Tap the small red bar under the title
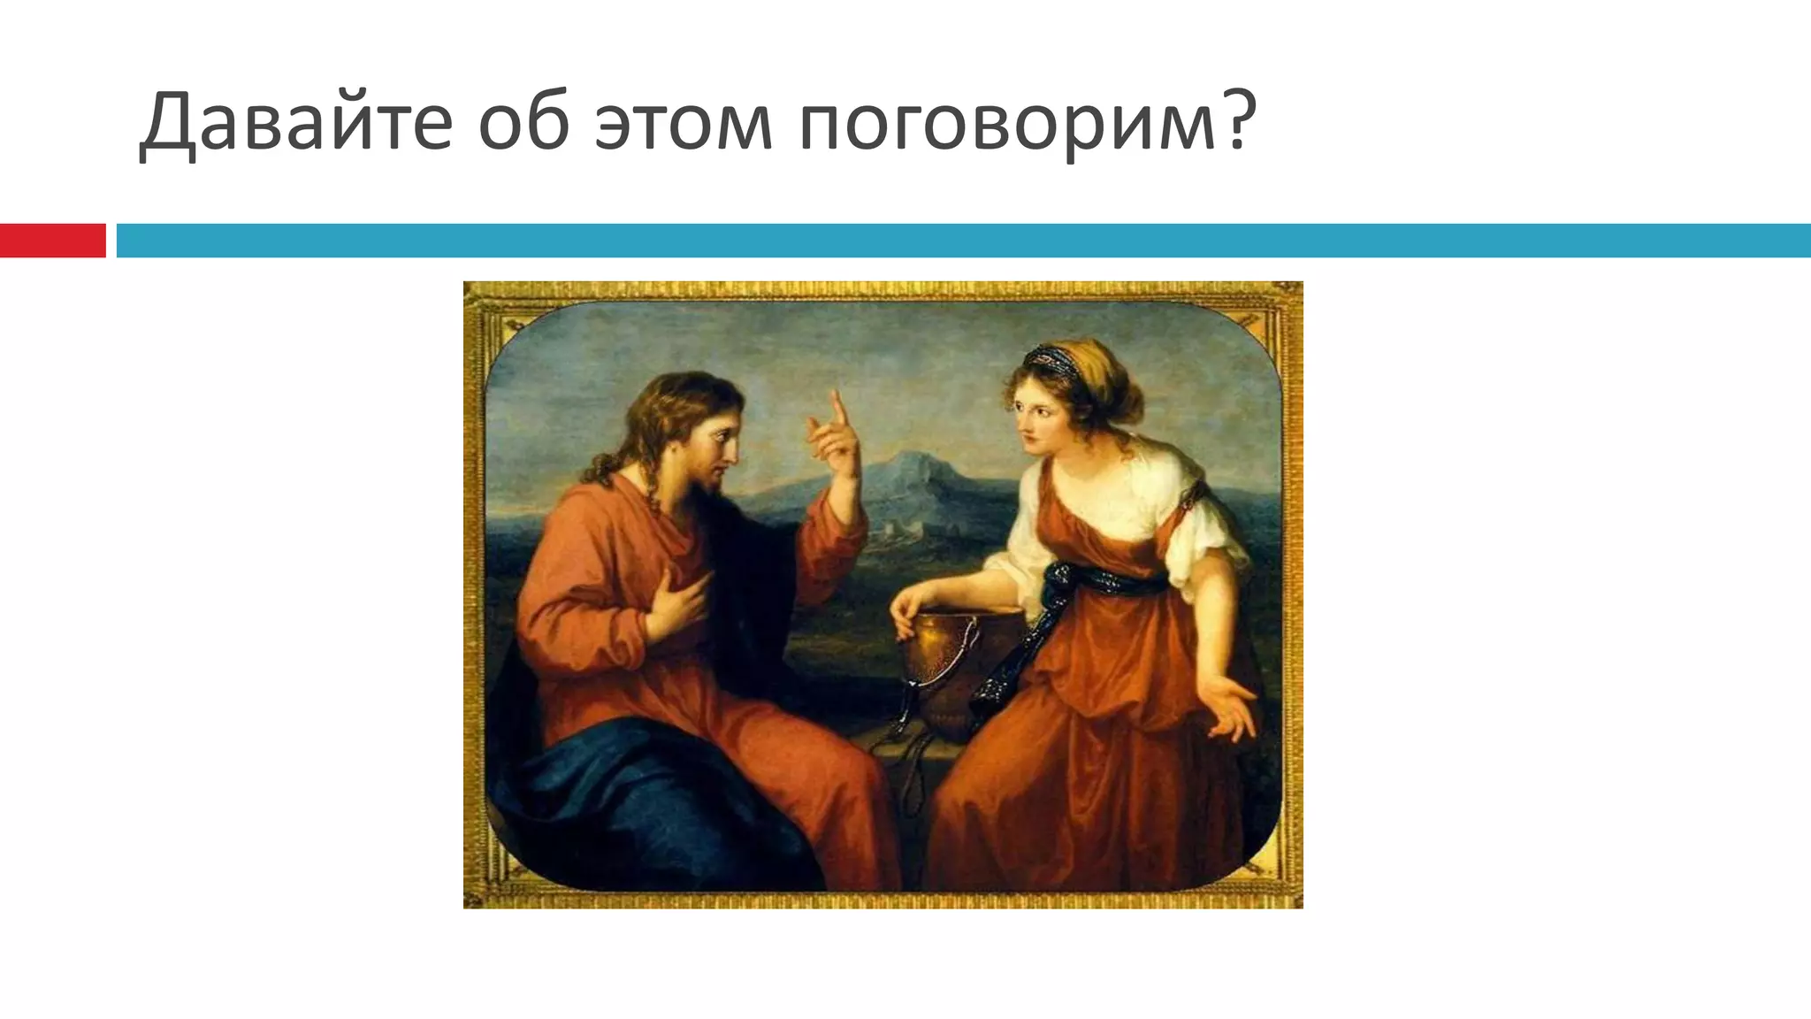coord(52,241)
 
